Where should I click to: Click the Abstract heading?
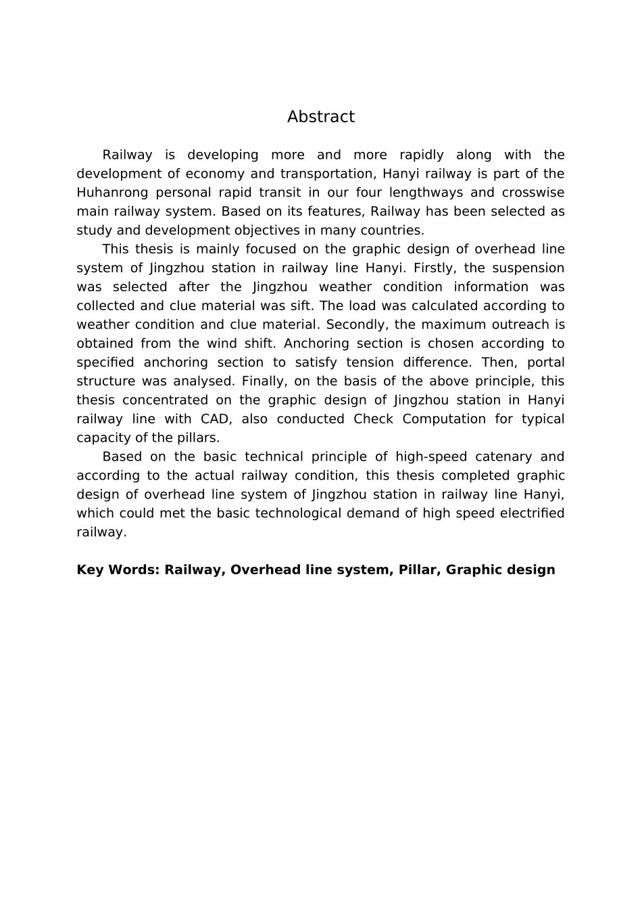[x=320, y=117]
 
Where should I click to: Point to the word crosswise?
[x=533, y=193]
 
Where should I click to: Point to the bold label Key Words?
[x=118, y=570]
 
